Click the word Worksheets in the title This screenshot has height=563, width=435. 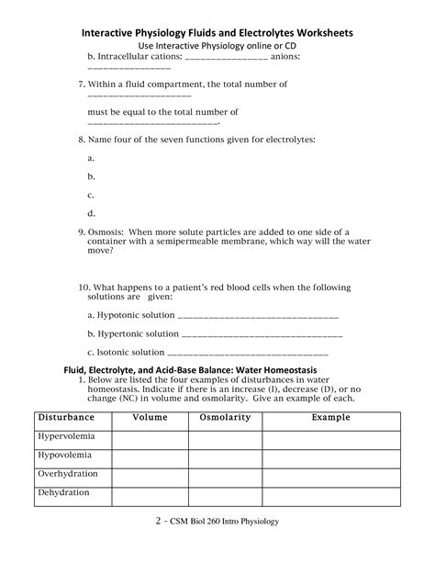tap(319, 32)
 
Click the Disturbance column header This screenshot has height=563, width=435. tap(72, 418)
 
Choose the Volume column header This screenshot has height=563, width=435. tap(150, 418)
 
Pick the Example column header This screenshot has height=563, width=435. tap(330, 418)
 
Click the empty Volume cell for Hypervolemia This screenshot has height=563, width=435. tap(150, 439)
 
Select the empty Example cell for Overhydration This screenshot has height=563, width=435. tap(330, 477)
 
